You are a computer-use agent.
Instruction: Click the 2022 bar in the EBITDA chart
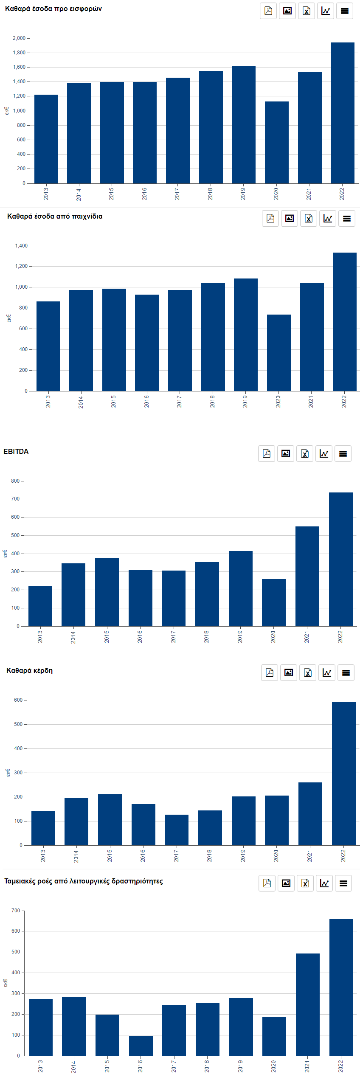[340, 559]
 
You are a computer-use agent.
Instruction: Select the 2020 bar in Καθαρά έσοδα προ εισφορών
[276, 142]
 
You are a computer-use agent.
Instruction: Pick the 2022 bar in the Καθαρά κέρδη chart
[343, 773]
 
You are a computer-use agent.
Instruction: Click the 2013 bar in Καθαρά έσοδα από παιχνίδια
[48, 346]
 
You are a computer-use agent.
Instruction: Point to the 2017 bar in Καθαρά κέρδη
[176, 830]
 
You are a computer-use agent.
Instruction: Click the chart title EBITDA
[16, 451]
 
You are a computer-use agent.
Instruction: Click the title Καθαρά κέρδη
[29, 670]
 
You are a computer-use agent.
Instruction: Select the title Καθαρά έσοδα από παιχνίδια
[55, 216]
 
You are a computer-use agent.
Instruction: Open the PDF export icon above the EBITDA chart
[267, 453]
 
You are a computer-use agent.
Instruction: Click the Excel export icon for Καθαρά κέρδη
[308, 672]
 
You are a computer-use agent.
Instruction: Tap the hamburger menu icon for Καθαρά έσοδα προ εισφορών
[345, 11]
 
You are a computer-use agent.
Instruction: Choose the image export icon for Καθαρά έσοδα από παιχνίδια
[290, 219]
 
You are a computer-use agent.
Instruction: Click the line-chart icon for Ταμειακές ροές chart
[324, 883]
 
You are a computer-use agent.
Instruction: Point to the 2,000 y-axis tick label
[19, 38]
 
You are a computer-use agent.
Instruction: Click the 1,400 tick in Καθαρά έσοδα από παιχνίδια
[21, 246]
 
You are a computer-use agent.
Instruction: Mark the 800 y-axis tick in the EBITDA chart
[15, 481]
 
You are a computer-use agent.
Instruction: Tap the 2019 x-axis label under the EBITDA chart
[240, 636]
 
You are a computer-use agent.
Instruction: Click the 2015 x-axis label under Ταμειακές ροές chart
[107, 1066]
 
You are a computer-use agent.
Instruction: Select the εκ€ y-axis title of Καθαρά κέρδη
[8, 773]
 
